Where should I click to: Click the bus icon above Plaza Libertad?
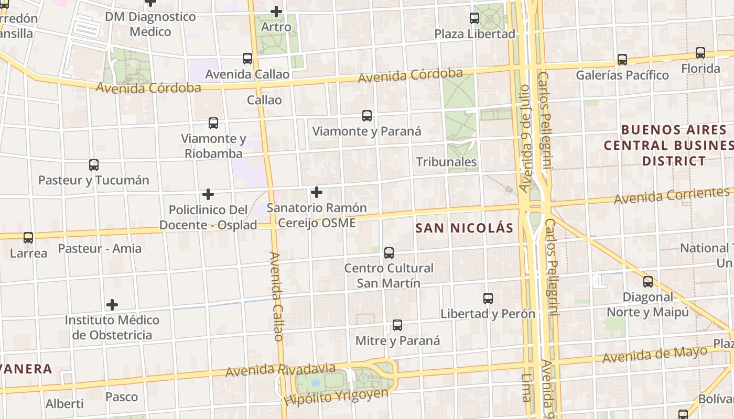tap(474, 18)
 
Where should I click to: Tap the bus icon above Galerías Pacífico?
tap(622, 60)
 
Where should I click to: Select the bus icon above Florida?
tap(700, 53)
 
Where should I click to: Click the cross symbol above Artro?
tap(276, 11)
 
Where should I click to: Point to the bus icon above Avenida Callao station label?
tap(247, 59)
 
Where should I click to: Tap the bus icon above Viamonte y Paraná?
tap(367, 116)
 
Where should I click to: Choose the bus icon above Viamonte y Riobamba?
tap(213, 123)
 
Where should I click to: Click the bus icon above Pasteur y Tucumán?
tap(94, 165)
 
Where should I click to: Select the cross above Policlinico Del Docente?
tap(208, 194)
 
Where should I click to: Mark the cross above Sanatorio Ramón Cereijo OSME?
tap(317, 192)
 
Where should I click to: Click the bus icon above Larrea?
tap(28, 238)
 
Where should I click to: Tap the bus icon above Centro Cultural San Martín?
tap(389, 253)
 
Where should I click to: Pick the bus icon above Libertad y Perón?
tap(488, 299)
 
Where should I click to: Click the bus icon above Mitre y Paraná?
tap(397, 325)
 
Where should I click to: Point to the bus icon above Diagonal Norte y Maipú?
tap(648, 282)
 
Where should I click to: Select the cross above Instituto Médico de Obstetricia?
tap(112, 304)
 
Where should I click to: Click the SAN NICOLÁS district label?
tap(464, 228)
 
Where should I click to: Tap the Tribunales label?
tap(446, 162)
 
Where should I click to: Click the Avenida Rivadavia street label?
tap(280, 369)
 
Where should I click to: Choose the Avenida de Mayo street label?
tap(655, 355)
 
